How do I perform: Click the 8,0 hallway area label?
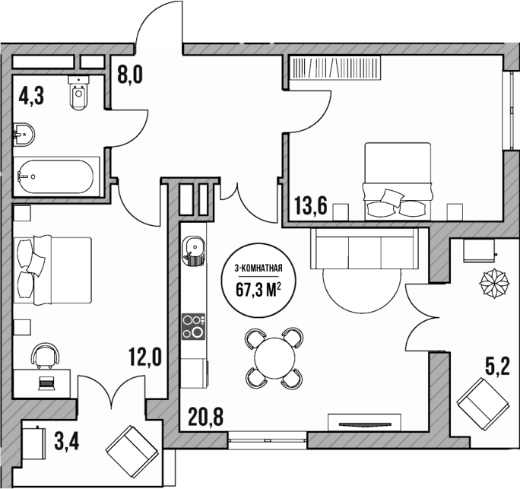point(130,75)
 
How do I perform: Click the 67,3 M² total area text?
point(259,288)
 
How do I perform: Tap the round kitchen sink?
point(194,247)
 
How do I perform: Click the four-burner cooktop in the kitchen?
point(194,326)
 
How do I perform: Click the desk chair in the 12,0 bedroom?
point(46,353)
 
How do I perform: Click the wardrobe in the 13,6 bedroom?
point(340,69)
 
